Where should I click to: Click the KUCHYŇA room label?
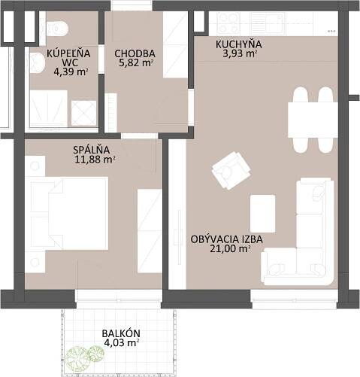click(238, 44)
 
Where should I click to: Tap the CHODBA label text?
click(135, 53)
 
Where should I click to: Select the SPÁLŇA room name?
click(91, 150)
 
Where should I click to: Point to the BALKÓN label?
click(121, 333)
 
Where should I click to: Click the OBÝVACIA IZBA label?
click(227, 239)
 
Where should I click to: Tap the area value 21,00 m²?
click(231, 249)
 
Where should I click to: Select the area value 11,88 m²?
click(95, 160)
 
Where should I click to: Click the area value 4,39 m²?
click(71, 72)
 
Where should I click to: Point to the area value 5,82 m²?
click(136, 62)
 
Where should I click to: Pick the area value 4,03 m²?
click(122, 343)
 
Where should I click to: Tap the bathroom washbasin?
click(38, 63)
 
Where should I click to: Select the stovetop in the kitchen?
click(228, 23)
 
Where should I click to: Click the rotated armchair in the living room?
click(231, 170)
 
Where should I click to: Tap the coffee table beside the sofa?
click(263, 214)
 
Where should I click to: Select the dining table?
click(313, 120)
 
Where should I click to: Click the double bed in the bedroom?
click(69, 214)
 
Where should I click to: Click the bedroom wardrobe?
click(150, 231)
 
